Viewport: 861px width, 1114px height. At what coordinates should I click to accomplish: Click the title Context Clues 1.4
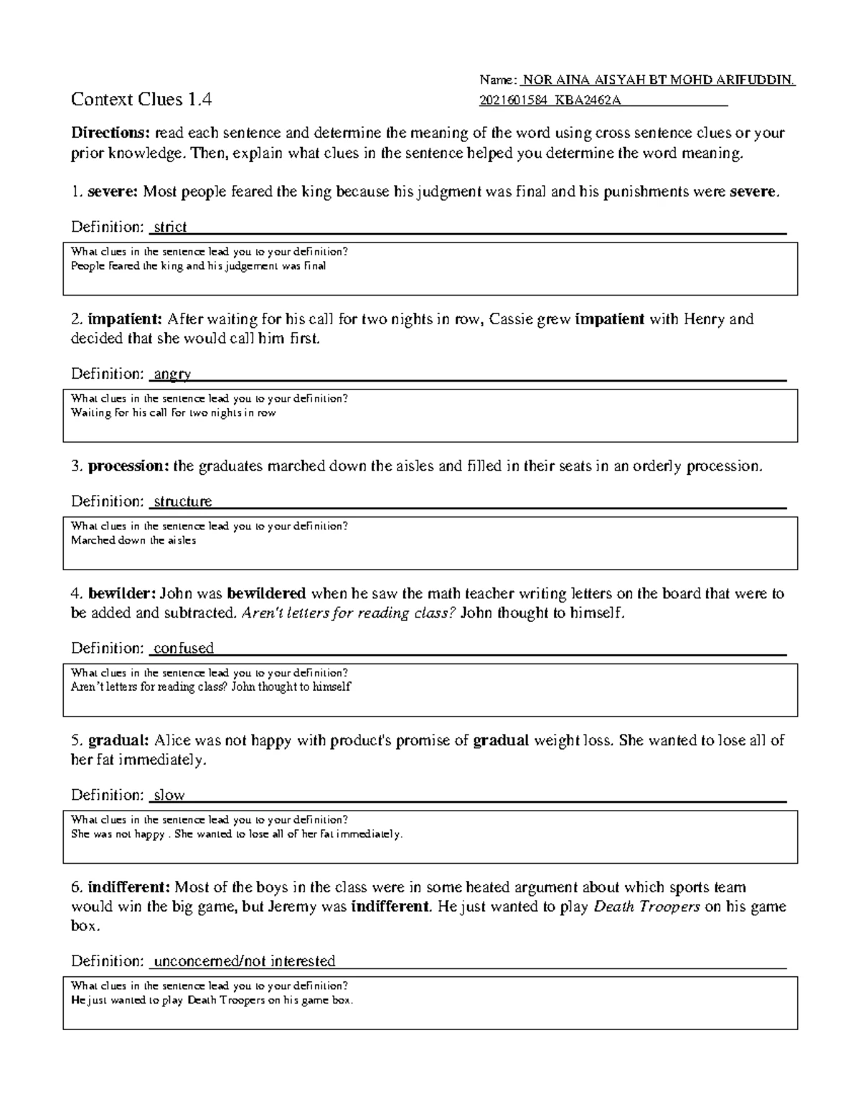141,100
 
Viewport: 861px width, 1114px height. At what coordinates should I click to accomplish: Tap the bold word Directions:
110,133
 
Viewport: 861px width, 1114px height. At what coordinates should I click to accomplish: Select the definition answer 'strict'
170,227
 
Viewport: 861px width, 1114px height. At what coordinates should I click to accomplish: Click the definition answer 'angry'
172,374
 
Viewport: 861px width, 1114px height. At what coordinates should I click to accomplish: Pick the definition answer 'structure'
183,501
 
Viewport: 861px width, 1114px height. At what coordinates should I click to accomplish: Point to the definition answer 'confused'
184,648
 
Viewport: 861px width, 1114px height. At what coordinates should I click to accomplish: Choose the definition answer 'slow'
169,795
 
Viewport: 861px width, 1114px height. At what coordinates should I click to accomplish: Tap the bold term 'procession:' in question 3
128,466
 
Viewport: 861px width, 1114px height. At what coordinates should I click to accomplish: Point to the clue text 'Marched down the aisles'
133,541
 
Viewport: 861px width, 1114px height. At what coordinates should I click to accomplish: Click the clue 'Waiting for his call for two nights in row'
173,413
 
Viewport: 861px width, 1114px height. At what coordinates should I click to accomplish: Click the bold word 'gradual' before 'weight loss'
501,741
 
